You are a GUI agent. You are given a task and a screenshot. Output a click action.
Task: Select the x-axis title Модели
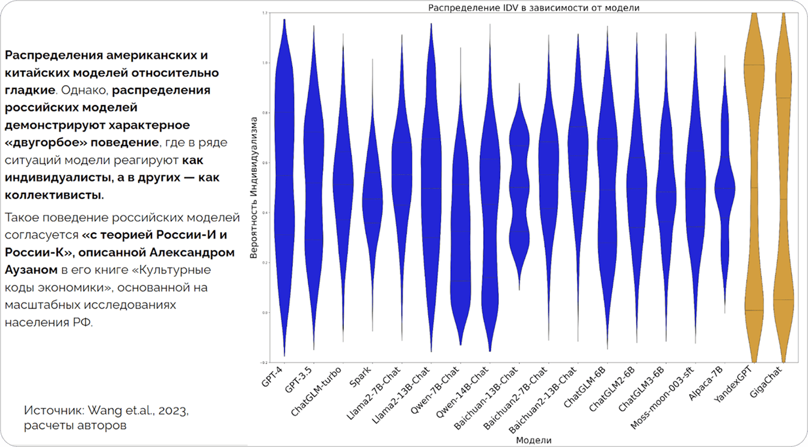coord(533,440)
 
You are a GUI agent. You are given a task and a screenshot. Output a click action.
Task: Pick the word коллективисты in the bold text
coord(54,195)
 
